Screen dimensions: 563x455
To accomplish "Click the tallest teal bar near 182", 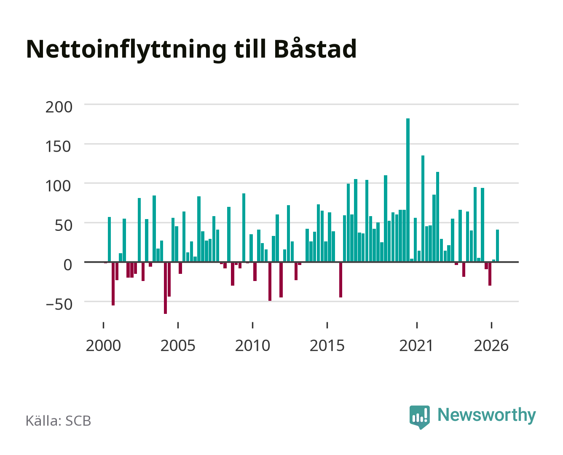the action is [408, 190].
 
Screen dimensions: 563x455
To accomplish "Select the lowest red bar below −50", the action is [166, 288].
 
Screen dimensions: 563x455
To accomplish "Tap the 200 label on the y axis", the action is [59, 107].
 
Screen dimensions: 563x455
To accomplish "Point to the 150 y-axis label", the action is [59, 146].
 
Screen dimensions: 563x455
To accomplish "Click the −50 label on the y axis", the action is [59, 304].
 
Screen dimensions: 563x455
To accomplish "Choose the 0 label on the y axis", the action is [68, 265].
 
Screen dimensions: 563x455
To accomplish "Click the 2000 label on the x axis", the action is [103, 345].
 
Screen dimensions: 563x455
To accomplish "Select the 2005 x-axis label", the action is [178, 345].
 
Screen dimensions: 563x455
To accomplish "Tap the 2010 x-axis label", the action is [253, 345].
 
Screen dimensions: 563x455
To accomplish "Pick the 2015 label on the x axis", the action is [327, 345].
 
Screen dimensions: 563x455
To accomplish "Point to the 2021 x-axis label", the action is [416, 345].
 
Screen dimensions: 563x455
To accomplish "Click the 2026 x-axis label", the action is [491, 345].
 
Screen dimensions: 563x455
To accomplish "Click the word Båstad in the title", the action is [315, 48].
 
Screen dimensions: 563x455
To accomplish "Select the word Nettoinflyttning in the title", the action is [126, 51].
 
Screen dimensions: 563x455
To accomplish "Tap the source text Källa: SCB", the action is [59, 420].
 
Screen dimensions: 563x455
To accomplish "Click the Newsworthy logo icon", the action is [419, 417].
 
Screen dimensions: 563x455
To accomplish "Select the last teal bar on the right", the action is [497, 246].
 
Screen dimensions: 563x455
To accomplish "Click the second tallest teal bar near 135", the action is [423, 209].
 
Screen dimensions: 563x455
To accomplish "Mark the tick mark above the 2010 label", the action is [253, 325].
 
